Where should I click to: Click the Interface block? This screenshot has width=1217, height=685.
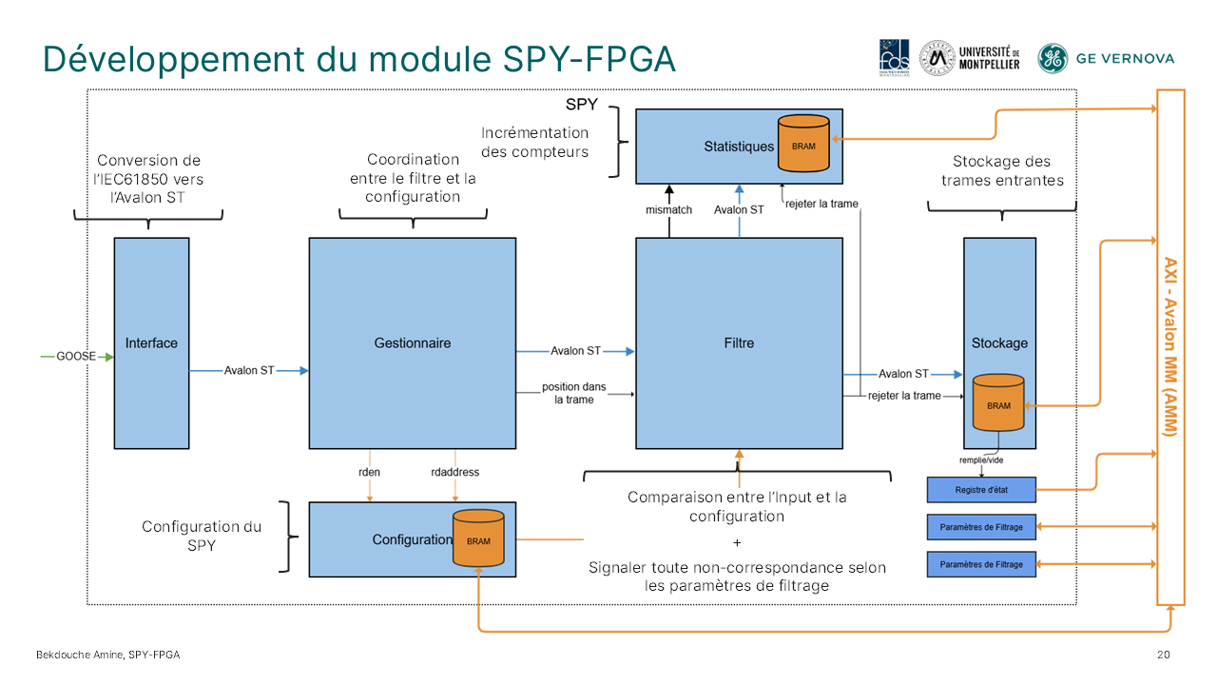[151, 343]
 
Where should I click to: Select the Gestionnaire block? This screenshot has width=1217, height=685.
[412, 343]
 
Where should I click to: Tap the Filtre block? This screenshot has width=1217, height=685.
[739, 343]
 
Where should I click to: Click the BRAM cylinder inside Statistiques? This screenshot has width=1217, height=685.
[803, 145]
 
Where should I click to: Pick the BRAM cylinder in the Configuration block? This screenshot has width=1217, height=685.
[478, 539]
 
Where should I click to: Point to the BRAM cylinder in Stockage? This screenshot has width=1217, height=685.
[998, 404]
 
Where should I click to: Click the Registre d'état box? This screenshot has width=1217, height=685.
[980, 490]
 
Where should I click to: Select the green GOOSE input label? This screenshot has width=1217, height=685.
[76, 357]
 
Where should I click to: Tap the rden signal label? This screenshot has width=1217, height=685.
[369, 472]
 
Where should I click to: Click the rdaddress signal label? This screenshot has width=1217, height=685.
[455, 472]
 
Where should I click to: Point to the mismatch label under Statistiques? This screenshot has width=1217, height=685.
[669, 209]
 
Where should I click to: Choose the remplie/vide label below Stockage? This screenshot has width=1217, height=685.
[980, 460]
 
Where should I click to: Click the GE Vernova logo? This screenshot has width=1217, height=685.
[1106, 58]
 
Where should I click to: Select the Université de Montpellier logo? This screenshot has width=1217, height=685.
[970, 58]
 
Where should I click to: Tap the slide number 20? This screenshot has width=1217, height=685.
[1164, 655]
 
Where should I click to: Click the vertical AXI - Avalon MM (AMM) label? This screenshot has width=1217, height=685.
[1170, 347]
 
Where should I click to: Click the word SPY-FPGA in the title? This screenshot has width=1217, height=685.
[589, 59]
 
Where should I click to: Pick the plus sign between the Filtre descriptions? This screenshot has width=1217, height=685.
[738, 542]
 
